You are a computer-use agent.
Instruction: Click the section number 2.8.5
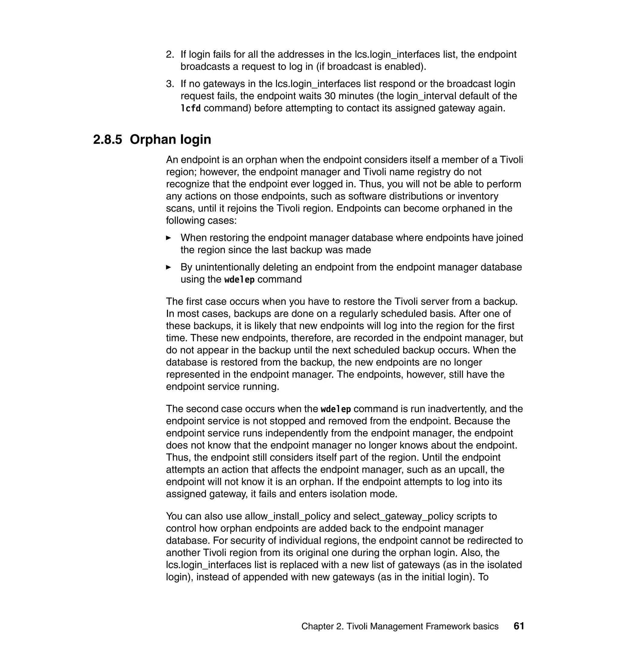coord(107,140)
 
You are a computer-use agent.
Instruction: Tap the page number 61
coord(519,626)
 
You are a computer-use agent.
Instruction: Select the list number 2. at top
coord(170,54)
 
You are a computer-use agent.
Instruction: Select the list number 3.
coord(170,84)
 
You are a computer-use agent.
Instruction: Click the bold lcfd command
coord(190,108)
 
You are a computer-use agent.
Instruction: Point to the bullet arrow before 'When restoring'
coord(169,238)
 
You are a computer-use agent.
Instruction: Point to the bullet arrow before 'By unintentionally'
coord(169,267)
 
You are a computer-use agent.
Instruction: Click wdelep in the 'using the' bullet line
coord(239,280)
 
